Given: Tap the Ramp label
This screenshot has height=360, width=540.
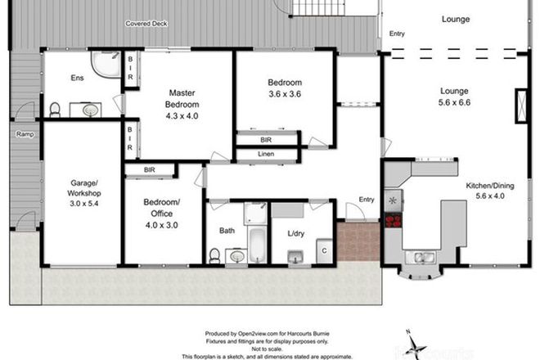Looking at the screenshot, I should click(x=20, y=133).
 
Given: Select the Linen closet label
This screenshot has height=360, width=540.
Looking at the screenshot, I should click(x=265, y=155).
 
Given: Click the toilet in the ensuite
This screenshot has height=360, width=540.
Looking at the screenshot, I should click(x=55, y=110).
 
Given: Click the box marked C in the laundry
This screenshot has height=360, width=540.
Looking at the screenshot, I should click(x=324, y=249).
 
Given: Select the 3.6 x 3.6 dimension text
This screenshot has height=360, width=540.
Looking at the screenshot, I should click(x=285, y=95).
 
